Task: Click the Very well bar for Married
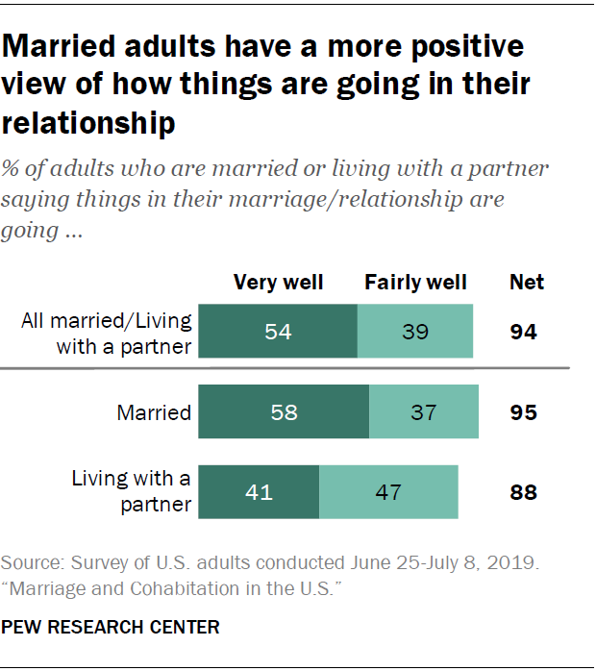pos(283,412)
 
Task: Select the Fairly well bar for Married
pos(423,412)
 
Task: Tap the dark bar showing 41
pos(258,492)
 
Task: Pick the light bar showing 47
pos(388,492)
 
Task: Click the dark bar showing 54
pos(277,333)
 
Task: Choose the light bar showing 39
pos(415,333)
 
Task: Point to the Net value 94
pos(524,333)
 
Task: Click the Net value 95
pos(524,412)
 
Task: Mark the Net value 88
pos(524,492)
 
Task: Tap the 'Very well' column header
pos(279,283)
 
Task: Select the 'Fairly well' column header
pos(415,283)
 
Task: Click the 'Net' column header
pos(526,283)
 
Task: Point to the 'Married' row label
pos(154,413)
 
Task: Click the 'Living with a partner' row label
pos(132,490)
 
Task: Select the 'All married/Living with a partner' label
pos(106,333)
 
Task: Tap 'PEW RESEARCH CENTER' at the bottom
pos(111,628)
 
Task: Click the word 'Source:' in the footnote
pos(35,561)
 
